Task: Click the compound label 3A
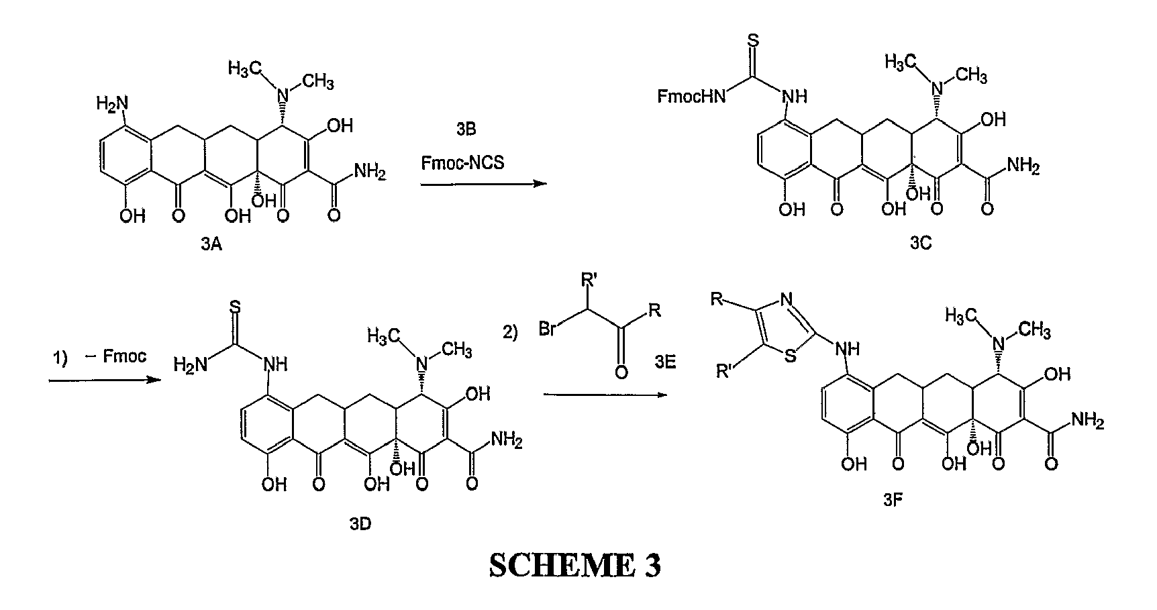click(x=212, y=246)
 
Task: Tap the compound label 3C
click(x=921, y=244)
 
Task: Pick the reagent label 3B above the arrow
click(x=465, y=129)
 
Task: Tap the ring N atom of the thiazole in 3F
click(x=787, y=299)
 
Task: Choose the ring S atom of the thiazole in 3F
click(x=791, y=356)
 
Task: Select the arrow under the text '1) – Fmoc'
click(x=105, y=380)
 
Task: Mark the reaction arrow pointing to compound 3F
click(x=606, y=394)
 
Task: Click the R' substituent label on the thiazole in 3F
click(x=725, y=371)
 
